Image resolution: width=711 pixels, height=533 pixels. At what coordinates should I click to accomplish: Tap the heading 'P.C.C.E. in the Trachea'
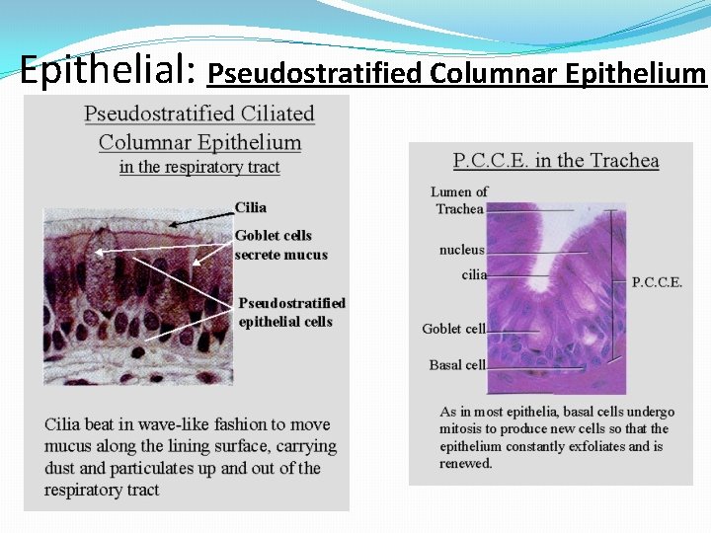click(x=556, y=161)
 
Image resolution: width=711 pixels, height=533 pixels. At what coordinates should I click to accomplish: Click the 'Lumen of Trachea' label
click(x=459, y=200)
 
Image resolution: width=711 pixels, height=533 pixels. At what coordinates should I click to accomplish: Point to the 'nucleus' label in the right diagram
click(x=461, y=250)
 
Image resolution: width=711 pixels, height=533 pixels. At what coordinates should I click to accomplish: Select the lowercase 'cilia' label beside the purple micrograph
click(x=474, y=274)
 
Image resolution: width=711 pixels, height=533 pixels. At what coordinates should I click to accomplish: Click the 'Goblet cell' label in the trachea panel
click(x=453, y=329)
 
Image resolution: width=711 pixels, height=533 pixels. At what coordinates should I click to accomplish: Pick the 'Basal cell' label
click(x=457, y=365)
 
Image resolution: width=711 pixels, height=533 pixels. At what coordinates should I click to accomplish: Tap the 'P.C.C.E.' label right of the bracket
click(x=657, y=282)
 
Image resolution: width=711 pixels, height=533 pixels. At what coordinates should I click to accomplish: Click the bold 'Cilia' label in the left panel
click(x=251, y=207)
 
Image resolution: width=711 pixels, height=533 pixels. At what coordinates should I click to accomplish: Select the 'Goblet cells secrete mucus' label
click(x=280, y=245)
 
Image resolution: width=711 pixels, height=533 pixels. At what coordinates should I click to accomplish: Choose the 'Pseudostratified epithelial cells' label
click(x=292, y=312)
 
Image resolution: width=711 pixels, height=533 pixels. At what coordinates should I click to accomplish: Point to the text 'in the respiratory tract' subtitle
click(x=199, y=167)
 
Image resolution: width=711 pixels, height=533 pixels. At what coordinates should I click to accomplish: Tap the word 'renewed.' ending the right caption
click(x=466, y=463)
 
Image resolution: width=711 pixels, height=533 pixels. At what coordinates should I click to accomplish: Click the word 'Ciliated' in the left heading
click(x=276, y=114)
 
